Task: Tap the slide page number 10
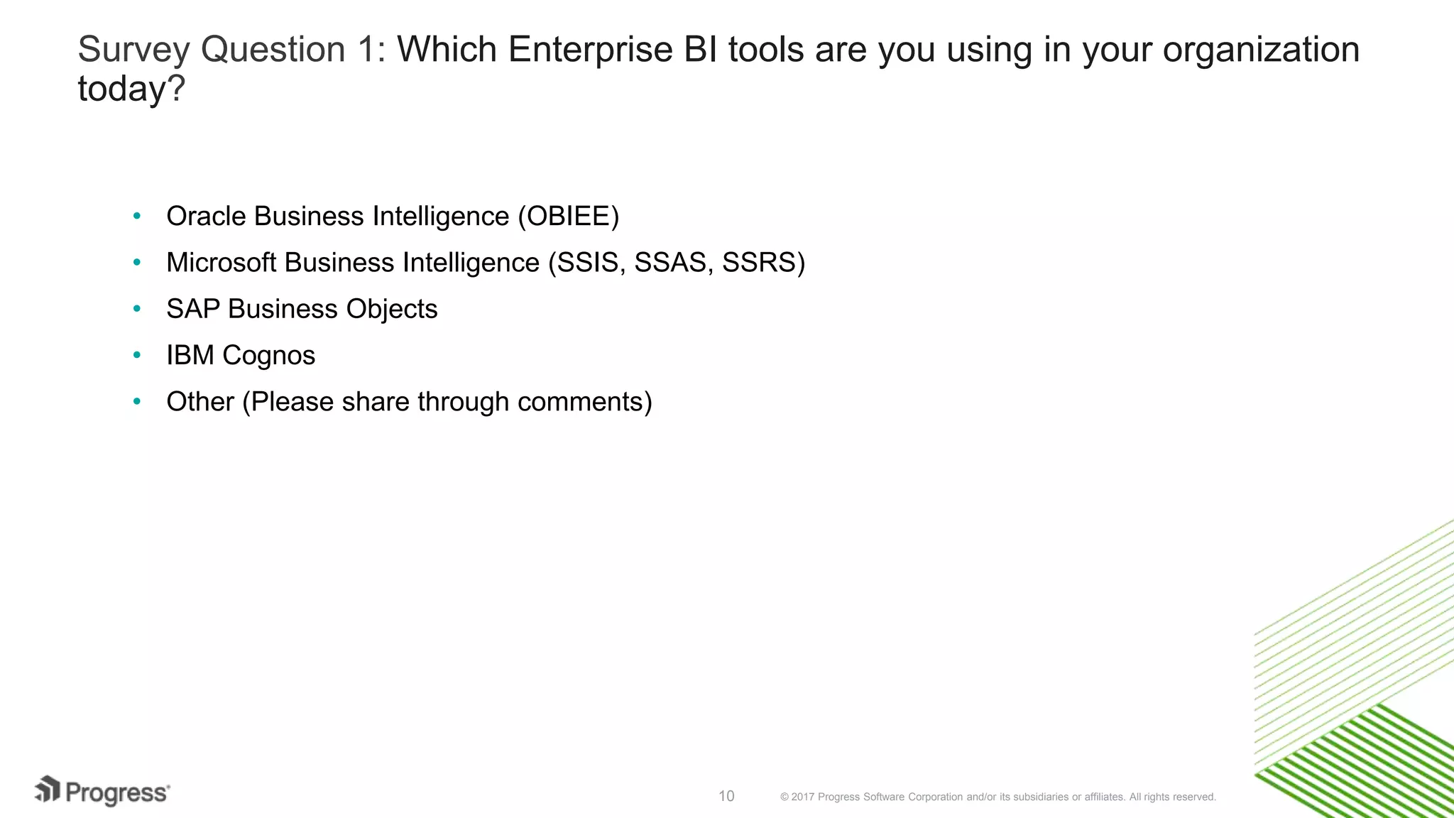tap(726, 796)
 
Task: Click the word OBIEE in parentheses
tap(568, 217)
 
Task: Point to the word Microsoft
tap(221, 263)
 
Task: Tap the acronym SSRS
tap(759, 263)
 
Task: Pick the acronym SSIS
tap(587, 263)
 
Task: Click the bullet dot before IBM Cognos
tap(137, 354)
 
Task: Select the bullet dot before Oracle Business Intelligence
tap(137, 215)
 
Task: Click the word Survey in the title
tap(133, 50)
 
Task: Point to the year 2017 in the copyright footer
tap(802, 797)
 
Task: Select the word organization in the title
tap(1261, 50)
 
